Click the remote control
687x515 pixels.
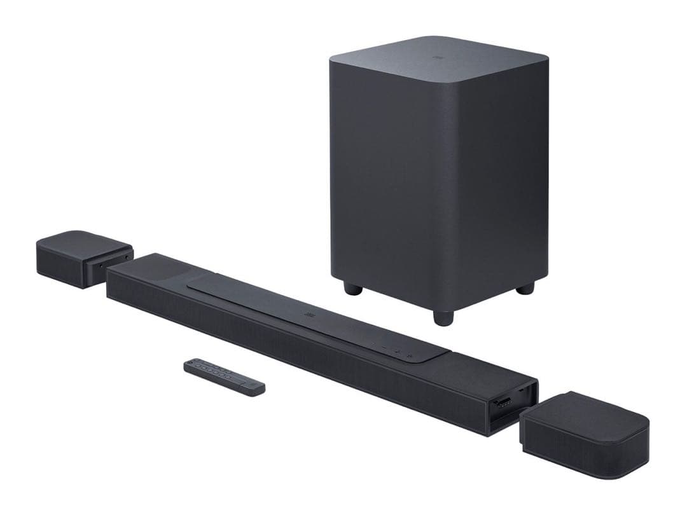(224, 375)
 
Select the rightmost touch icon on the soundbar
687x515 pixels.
(410, 354)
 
